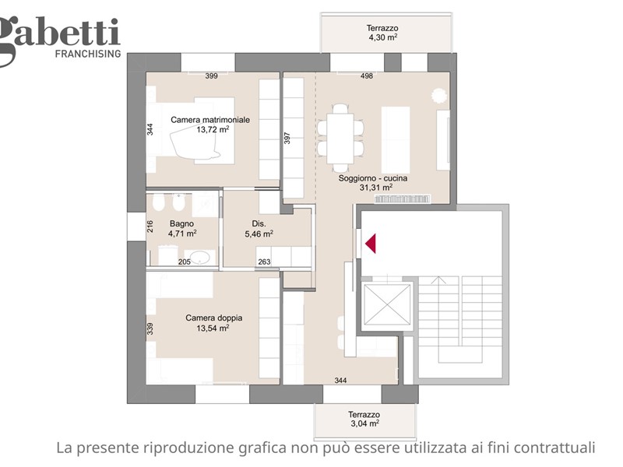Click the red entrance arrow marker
371,244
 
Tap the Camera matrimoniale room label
210,120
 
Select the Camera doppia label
213,318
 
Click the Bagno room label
181,223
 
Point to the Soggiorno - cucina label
373,178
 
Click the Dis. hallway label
259,223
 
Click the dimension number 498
366,75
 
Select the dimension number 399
211,75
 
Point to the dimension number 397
287,139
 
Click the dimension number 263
264,262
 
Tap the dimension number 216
150,226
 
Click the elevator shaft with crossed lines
387,304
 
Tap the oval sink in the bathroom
198,258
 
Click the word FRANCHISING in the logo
88,54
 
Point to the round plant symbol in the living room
439,95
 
